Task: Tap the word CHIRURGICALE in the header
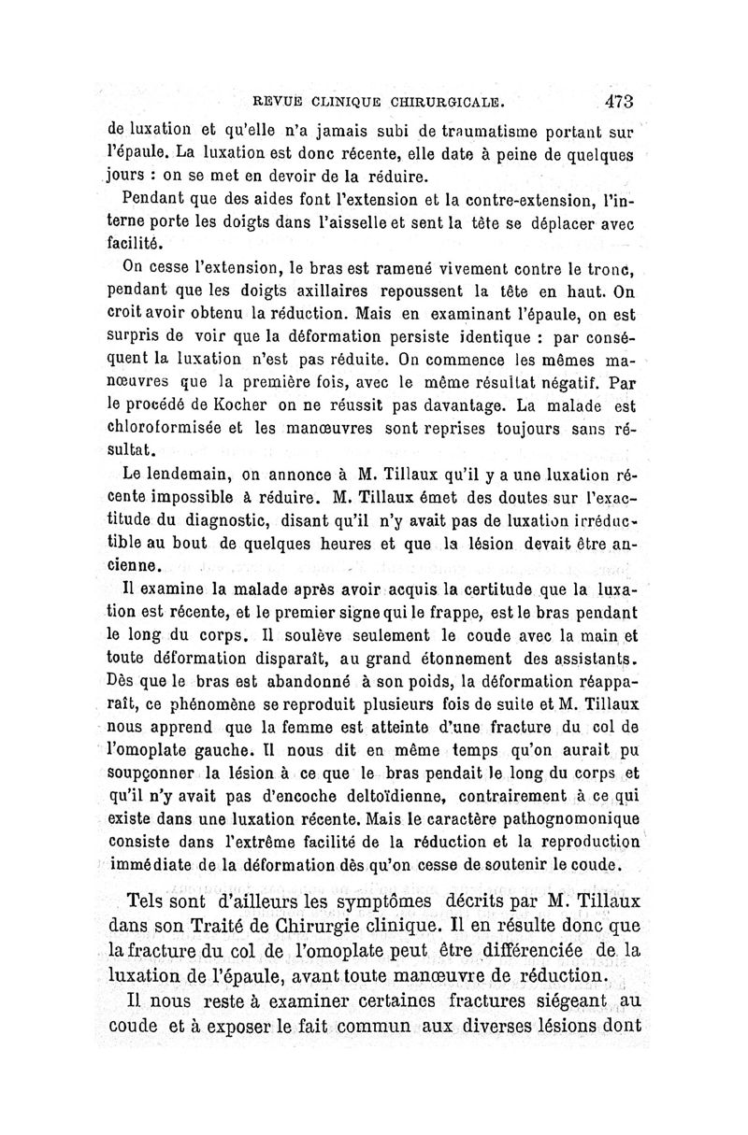pyautogui.click(x=440, y=101)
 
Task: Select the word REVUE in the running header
pyautogui.click(x=268, y=101)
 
